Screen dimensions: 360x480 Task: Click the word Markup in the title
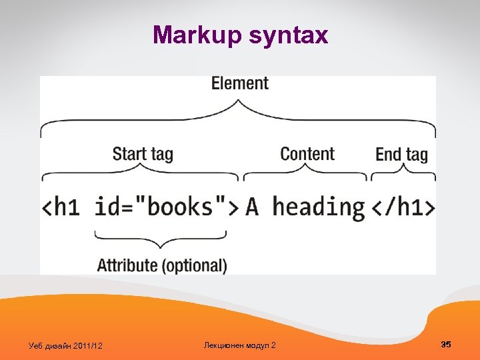point(192,35)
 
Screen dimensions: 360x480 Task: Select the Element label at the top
point(239,83)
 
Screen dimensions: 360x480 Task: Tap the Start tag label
point(143,155)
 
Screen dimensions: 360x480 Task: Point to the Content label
point(307,154)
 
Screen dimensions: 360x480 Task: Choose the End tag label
point(401,155)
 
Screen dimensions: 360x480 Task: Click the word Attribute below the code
point(127,265)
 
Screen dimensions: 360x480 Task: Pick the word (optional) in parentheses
point(194,265)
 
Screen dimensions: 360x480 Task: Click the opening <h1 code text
point(61,207)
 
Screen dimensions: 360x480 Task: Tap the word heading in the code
point(319,207)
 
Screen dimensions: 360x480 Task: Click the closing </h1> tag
point(402,207)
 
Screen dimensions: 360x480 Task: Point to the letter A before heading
point(253,207)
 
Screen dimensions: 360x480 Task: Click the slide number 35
point(446,344)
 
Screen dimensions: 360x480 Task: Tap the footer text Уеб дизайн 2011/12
point(65,345)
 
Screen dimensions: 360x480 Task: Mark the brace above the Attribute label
point(161,239)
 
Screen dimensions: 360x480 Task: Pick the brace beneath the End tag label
point(403,174)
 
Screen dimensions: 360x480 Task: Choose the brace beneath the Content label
point(305,174)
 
